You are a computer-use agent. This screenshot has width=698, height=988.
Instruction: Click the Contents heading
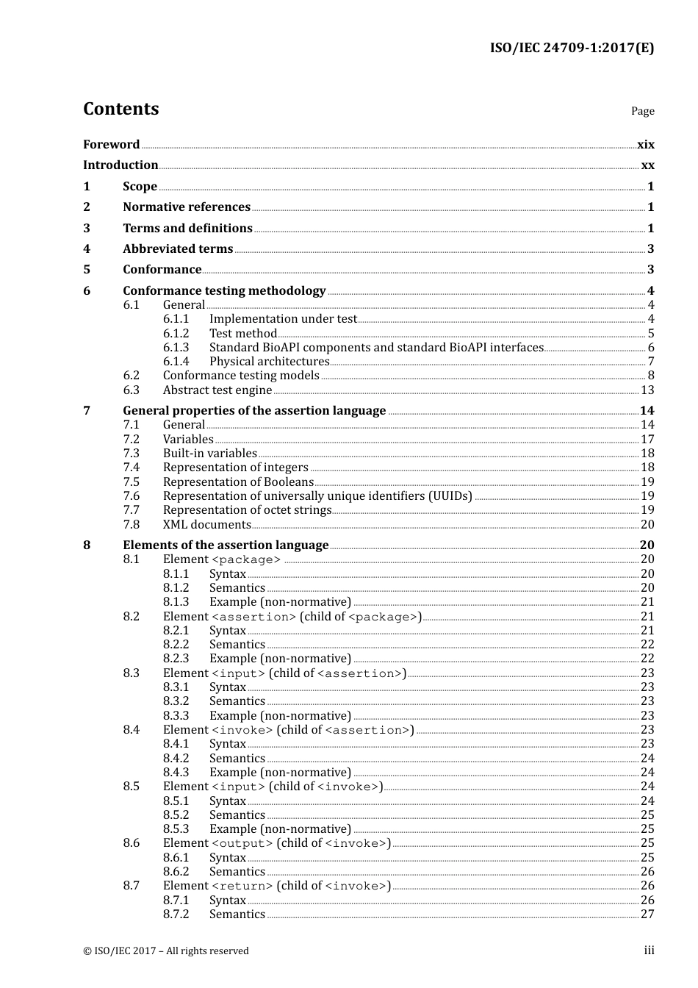coord(120,109)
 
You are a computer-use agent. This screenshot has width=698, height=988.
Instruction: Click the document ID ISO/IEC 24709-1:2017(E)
coord(572,49)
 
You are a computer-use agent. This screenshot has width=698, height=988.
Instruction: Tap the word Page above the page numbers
coord(642,111)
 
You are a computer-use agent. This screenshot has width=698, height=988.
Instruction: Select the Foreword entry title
coord(111,145)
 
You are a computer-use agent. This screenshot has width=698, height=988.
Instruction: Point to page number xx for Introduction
coord(647,165)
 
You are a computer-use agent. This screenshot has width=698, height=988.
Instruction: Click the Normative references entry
coord(187,207)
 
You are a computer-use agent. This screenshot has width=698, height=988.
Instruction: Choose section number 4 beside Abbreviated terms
coord(87,249)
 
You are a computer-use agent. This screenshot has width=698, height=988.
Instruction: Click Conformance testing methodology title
coord(224,291)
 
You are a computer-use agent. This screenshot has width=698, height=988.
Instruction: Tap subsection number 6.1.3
coord(176,348)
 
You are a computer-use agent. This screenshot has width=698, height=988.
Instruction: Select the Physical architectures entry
coord(269,362)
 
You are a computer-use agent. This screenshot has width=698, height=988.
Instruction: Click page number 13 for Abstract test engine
coord(647,390)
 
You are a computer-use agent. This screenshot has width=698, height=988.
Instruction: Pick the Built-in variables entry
coord(210,454)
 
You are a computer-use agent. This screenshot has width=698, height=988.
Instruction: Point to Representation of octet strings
coord(247,510)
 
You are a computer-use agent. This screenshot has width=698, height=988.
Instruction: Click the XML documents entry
coord(207,525)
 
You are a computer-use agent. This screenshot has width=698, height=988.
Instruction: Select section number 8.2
coord(131,617)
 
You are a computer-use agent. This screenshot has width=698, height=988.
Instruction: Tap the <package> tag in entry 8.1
coord(246,560)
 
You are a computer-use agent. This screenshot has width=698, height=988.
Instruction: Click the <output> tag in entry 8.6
coord(242,844)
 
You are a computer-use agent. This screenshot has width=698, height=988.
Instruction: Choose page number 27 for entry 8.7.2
coord(647,914)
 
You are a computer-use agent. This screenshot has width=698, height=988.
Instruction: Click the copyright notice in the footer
coord(166,951)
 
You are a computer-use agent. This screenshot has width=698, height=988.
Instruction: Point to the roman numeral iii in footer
coord(649,951)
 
